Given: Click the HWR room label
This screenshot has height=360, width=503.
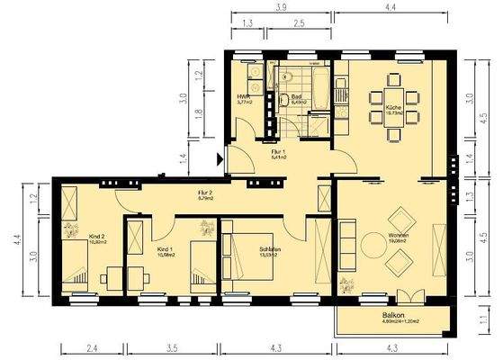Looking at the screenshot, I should (x=243, y=96).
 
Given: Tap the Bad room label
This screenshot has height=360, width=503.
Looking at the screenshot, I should (x=296, y=96).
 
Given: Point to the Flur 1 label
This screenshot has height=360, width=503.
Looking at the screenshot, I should (x=278, y=152).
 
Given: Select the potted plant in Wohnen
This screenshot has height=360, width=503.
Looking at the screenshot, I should (x=346, y=288).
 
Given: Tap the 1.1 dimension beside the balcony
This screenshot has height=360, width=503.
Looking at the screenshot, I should (x=482, y=318).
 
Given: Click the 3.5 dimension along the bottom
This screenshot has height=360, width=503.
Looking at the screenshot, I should (x=171, y=346).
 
